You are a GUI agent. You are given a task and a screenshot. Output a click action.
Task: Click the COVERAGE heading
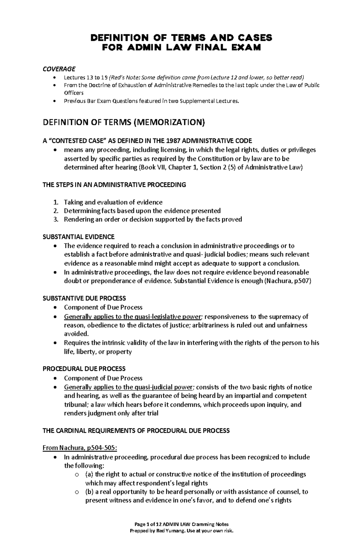(59, 69)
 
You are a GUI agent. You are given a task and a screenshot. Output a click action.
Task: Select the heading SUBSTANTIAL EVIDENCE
(79, 237)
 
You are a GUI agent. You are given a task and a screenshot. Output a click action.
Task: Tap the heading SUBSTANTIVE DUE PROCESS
(84, 298)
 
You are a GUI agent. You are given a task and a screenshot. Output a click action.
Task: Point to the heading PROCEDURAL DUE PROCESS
(84, 369)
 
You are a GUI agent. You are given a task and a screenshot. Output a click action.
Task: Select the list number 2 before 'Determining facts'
(55, 211)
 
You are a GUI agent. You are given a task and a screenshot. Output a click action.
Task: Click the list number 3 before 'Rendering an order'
(55, 219)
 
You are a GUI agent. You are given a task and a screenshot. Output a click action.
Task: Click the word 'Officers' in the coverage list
(74, 93)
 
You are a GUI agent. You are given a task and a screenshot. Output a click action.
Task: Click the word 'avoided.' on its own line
(77, 334)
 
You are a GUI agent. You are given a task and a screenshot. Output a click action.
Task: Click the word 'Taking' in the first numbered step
(73, 202)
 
